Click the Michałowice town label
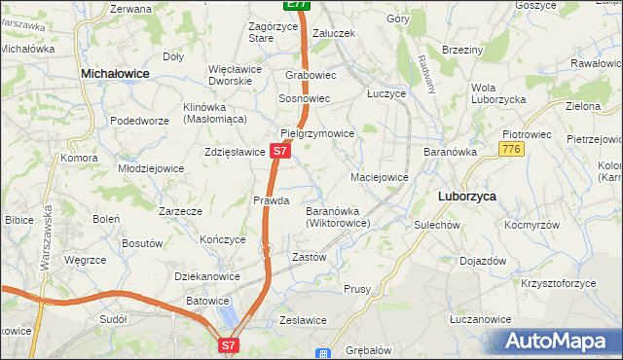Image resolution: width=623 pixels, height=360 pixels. tap(121, 73)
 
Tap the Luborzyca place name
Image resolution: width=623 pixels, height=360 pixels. tap(467, 196)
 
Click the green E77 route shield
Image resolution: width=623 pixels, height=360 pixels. tap(297, 5)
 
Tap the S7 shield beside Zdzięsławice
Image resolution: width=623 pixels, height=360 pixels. tap(279, 152)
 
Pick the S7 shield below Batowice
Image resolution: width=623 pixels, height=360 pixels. tap(228, 344)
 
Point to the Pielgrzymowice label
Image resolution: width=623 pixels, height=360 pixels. tap(315, 132)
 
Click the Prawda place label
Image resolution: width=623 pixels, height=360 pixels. tap(272, 200)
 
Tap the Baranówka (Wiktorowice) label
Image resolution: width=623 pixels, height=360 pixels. tap(336, 217)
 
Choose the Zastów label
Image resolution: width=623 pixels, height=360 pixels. tap(309, 258)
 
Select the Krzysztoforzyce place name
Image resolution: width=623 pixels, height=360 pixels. tap(558, 283)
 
